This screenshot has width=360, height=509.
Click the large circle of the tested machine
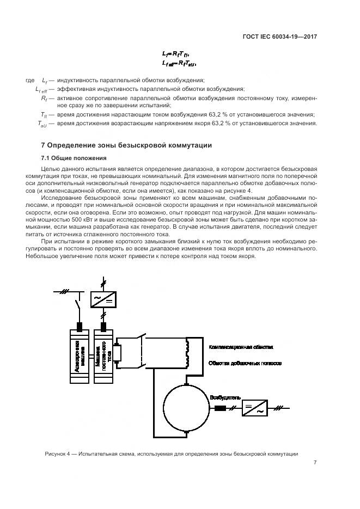[186, 406]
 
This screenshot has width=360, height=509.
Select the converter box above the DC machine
[105, 299]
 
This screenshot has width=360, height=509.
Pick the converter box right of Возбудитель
[253, 408]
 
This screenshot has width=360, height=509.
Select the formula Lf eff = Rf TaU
[179, 64]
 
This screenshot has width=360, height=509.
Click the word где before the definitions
[30, 81]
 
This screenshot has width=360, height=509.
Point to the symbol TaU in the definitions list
[42, 124]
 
